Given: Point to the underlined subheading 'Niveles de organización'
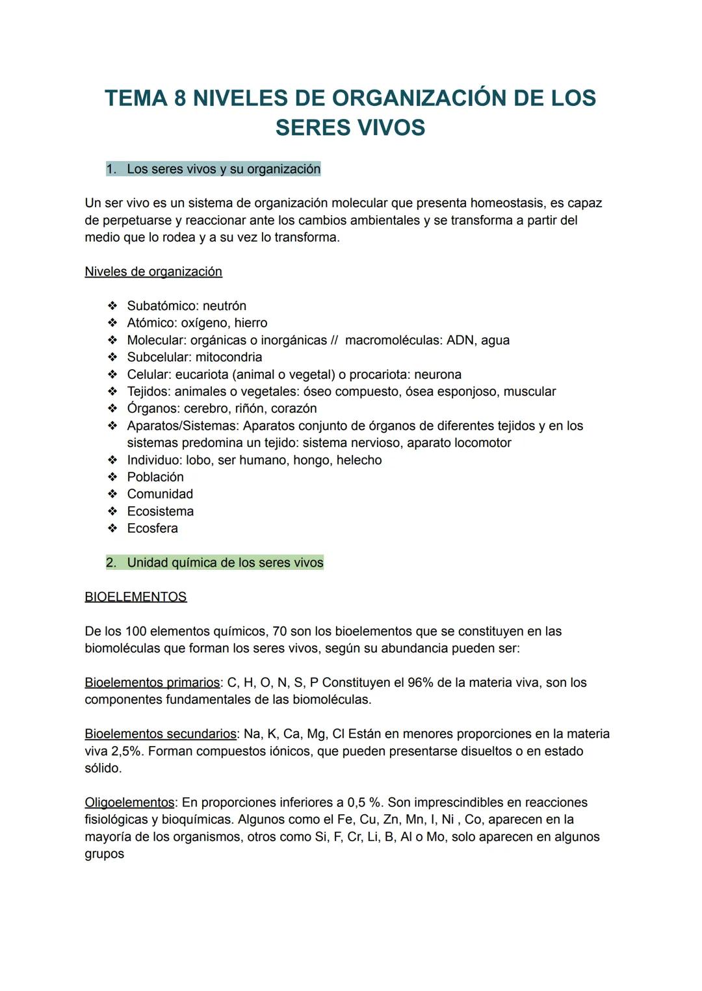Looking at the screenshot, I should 153,272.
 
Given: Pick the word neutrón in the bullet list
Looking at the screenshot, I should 224,306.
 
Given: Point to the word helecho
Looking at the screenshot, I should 359,460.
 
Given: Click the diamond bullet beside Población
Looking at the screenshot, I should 112,477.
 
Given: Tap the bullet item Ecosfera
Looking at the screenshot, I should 152,528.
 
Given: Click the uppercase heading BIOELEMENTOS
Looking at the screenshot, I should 135,597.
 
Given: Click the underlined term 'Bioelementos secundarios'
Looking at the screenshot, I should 161,734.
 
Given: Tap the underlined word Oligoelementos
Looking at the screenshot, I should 129,803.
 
